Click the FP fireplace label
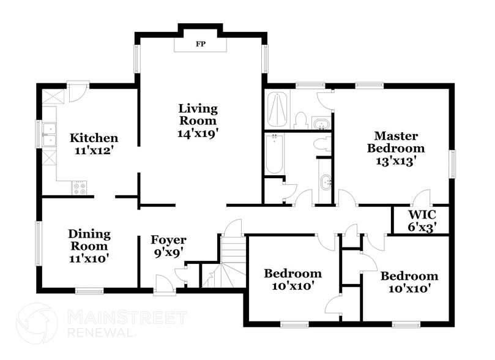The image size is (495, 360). pos(199,44)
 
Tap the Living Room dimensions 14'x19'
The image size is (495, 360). pos(198,131)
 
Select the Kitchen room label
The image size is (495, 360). pos(93,138)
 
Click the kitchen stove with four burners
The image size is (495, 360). pos(80,188)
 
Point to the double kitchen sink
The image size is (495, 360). pos(48,133)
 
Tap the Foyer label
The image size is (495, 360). pos(168,239)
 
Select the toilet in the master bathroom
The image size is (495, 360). pos(300,119)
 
